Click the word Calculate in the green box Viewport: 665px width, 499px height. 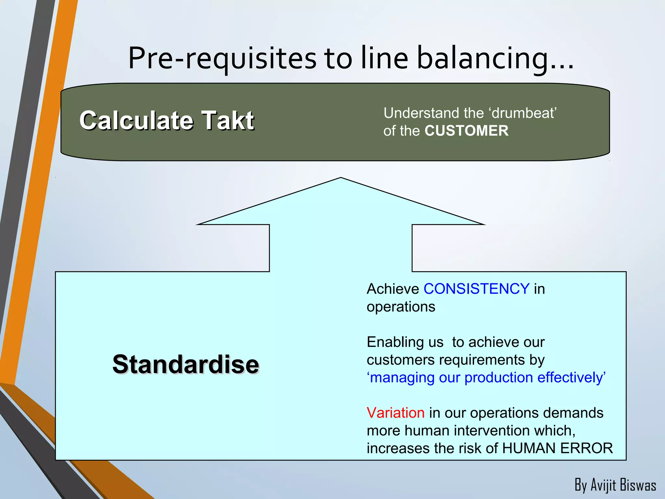click(136, 121)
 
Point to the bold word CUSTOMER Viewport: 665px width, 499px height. click(466, 131)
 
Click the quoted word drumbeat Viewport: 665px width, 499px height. click(523, 113)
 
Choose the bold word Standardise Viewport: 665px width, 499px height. click(185, 364)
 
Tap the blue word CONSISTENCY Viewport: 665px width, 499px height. click(476, 289)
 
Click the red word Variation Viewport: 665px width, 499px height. click(395, 413)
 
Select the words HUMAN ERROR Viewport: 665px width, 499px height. click(557, 448)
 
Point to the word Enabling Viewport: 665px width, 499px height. click(405, 342)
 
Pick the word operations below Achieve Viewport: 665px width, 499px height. click(401, 307)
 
